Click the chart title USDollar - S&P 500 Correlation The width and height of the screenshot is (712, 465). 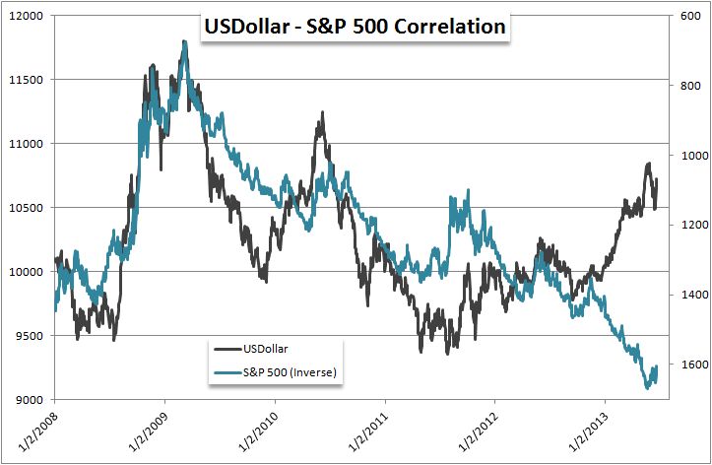[x=355, y=27]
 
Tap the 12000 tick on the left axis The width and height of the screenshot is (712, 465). [x=27, y=16]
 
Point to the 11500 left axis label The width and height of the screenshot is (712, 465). [x=27, y=80]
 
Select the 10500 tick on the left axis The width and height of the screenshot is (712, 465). [x=27, y=208]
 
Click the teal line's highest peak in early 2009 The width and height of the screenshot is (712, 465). [x=184, y=42]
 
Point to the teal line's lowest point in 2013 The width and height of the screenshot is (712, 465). [x=647, y=388]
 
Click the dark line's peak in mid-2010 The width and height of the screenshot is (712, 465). [x=320, y=114]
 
